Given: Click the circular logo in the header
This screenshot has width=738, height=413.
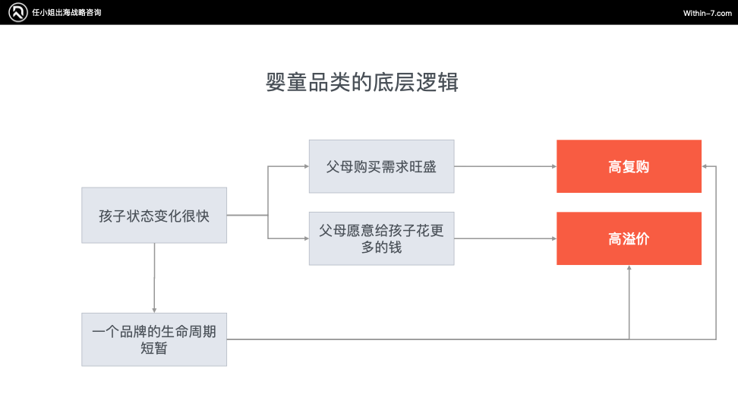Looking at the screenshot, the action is coord(18,12).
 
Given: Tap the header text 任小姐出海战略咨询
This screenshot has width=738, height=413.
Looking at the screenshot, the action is coord(67,13).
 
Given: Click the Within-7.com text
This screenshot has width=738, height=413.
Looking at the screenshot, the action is coord(708,13).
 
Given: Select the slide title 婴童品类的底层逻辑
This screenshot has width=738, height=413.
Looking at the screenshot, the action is coord(362,82).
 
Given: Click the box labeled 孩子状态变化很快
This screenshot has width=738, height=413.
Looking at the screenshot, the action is coord(154,216).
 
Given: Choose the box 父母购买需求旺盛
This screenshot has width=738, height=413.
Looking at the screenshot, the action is coord(382,166).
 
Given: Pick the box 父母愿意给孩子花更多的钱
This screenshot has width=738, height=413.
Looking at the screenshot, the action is coord(382,238).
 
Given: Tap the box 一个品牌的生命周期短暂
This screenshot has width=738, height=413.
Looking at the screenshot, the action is coord(154,339).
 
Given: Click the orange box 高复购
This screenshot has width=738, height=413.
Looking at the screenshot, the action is coord(629,166).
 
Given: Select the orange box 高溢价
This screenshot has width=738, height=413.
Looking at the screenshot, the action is coord(629,238).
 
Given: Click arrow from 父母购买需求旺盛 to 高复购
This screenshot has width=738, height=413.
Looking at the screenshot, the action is coord(506,166).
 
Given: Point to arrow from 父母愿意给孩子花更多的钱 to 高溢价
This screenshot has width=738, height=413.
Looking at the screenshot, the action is coord(506,238).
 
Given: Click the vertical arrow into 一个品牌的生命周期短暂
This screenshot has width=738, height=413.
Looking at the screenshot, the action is coord(154,278).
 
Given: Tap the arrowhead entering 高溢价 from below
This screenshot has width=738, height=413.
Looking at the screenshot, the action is coord(629,268).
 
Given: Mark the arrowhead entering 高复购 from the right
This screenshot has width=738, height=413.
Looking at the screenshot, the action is coord(704,166).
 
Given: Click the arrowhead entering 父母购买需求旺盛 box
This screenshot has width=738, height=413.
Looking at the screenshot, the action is coord(307,166).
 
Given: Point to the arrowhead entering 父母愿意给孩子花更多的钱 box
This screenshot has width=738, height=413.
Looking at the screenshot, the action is coord(307,238).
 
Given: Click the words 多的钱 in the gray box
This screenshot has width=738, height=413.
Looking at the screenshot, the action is coord(382,247).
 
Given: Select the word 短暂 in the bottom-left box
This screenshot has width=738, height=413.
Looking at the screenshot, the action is coord(154,348).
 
